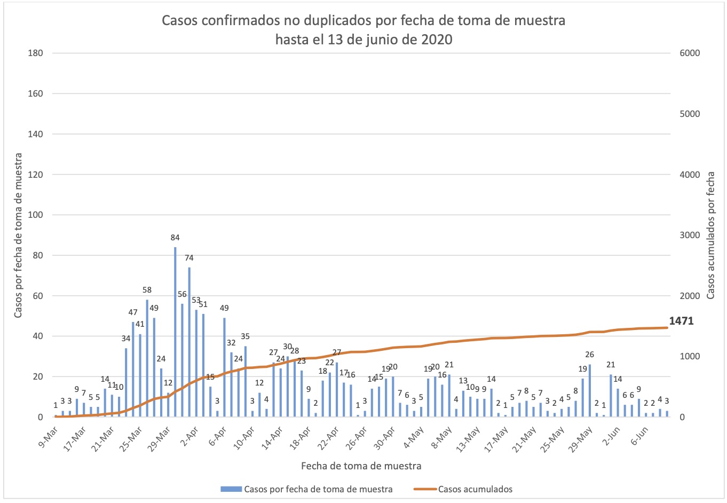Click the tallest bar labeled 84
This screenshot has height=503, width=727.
tap(175, 332)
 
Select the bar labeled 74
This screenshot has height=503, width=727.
tap(189, 342)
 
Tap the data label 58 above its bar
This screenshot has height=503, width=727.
tap(147, 290)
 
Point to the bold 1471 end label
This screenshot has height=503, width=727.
tap(681, 321)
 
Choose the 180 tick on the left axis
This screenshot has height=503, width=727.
tap(35, 53)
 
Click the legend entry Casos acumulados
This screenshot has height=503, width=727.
tap(475, 489)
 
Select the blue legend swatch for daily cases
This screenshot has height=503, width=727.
tap(231, 489)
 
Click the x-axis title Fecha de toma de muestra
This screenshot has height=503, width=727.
tap(361, 466)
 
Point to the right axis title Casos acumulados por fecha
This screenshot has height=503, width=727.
tap(710, 235)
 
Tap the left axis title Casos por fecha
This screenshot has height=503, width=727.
tap(18, 235)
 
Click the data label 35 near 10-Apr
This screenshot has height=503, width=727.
tap(245, 336)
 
